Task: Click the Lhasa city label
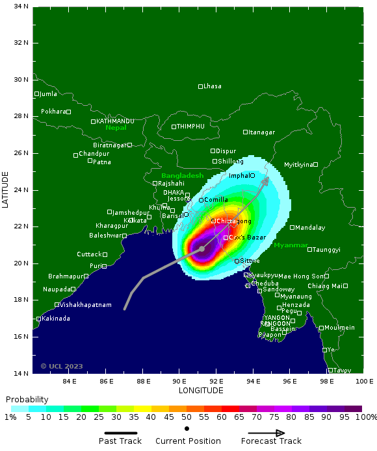tap(213, 86)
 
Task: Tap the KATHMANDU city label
tap(115, 121)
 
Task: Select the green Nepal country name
tap(116, 128)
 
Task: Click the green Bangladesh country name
tap(182, 176)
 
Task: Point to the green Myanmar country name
tap(291, 245)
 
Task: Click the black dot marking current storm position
tap(202, 249)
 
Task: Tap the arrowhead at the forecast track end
tap(265, 181)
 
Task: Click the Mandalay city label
tap(310, 228)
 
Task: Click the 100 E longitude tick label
tap(364, 381)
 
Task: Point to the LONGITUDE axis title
tap(201, 391)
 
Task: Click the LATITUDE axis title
tap(6, 189)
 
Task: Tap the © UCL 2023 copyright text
tap(62, 366)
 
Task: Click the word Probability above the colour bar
tap(27, 399)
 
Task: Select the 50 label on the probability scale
tap(187, 418)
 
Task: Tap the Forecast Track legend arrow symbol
tap(266, 433)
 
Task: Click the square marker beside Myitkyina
tap(315, 164)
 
